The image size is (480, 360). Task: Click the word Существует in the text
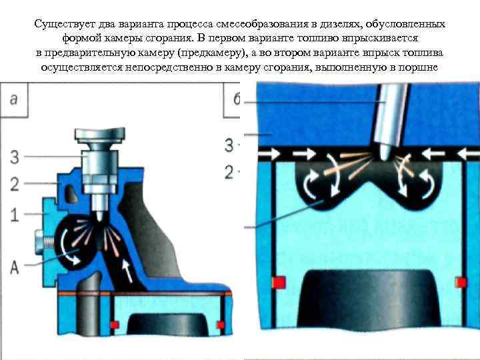(x=62, y=24)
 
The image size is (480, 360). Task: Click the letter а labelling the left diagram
(x=15, y=98)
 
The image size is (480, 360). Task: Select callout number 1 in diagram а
(x=15, y=215)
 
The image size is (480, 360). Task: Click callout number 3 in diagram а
(x=15, y=157)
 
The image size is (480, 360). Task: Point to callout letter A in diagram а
(x=15, y=265)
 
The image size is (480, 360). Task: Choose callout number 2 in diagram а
(x=15, y=183)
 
